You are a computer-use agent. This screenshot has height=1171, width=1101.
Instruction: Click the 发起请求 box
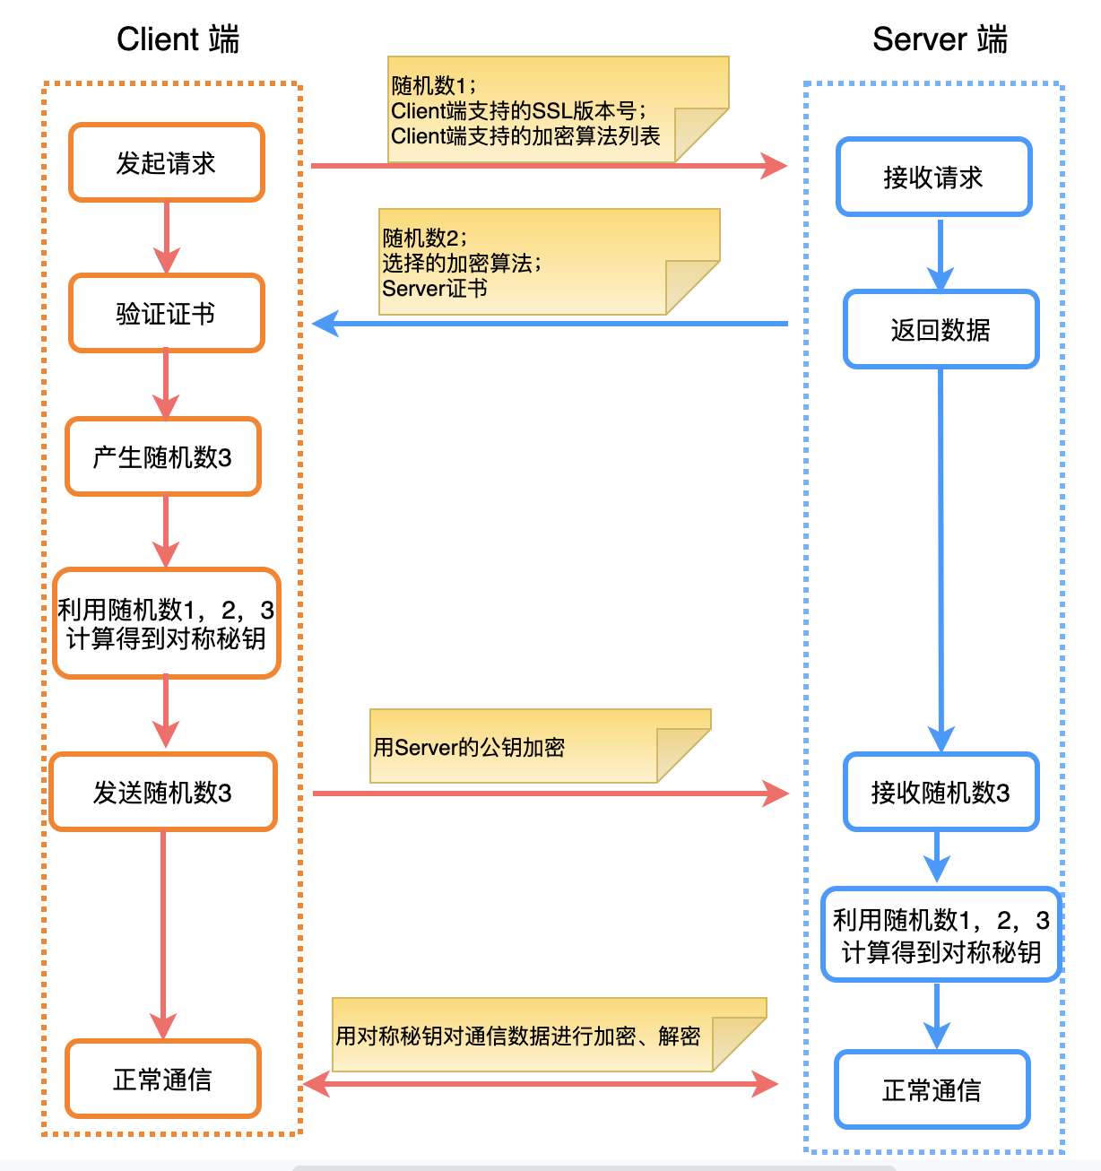pyautogui.click(x=167, y=162)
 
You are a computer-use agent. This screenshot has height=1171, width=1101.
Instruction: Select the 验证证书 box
pyautogui.click(x=167, y=313)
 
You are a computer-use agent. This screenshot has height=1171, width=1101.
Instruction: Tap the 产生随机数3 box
pyautogui.click(x=163, y=456)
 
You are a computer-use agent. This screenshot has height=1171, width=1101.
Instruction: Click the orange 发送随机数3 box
pyautogui.click(x=163, y=792)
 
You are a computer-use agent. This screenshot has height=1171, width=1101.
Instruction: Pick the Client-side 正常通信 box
pyautogui.click(x=163, y=1079)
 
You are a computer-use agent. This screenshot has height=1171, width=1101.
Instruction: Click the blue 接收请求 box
pyautogui.click(x=934, y=177)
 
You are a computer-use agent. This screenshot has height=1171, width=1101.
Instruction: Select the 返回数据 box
pyautogui.click(x=941, y=329)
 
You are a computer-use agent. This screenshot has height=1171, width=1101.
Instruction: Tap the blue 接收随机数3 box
pyautogui.click(x=941, y=792)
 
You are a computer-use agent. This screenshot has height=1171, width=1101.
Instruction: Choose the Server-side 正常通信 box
pyautogui.click(x=932, y=1089)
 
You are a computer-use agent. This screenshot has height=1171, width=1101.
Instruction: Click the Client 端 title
pyautogui.click(x=178, y=39)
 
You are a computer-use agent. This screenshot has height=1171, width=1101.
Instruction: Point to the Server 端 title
pyautogui.click(x=940, y=39)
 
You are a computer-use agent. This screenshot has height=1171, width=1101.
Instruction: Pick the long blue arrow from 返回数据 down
pyautogui.click(x=941, y=556)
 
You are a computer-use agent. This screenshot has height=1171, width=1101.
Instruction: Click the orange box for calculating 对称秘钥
pyautogui.click(x=167, y=623)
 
